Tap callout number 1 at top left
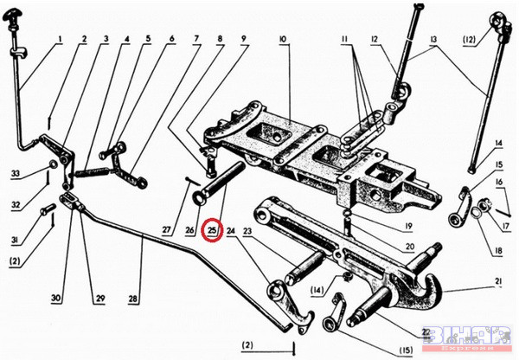[61, 39]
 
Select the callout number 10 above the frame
[283, 40]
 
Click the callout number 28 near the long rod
[133, 299]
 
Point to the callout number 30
[56, 299]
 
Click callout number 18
[497, 252]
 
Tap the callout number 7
[196, 39]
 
